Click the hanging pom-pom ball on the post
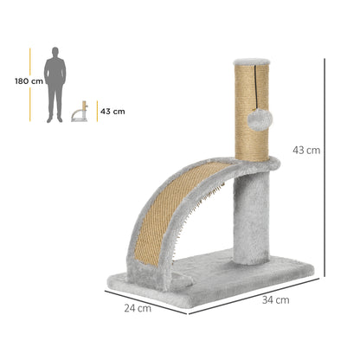pyautogui.click(x=260, y=120)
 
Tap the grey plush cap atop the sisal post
pyautogui.click(x=252, y=61)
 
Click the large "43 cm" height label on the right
pyautogui.click(x=306, y=151)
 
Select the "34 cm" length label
pyautogui.click(x=275, y=300)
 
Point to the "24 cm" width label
pyautogui.click(x=138, y=308)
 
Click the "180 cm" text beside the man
pyautogui.click(x=29, y=81)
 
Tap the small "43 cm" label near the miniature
pyautogui.click(x=112, y=112)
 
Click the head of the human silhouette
pyautogui.click(x=55, y=52)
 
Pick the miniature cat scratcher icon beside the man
pyautogui.click(x=80, y=111)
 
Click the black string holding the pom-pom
pyautogui.click(x=255, y=87)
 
